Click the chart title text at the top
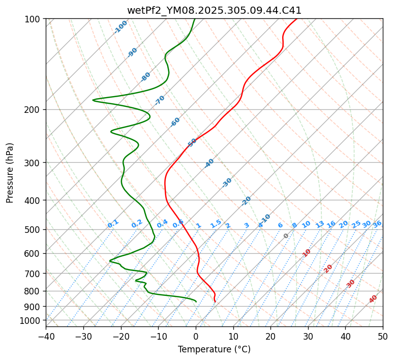point(214,11)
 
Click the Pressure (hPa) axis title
point(10,173)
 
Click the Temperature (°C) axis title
point(214,350)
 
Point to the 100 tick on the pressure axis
point(34,19)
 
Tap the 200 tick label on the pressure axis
point(34,110)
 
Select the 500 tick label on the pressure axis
point(34,230)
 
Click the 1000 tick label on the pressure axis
point(32,321)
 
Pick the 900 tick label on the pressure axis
point(34,307)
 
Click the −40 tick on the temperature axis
point(46,336)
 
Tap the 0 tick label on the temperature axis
point(196,336)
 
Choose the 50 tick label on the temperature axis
point(383,336)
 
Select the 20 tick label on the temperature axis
point(270,336)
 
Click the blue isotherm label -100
point(121,27)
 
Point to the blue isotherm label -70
point(160,100)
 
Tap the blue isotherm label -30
point(227,183)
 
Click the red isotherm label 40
point(373,299)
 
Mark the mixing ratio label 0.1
point(113,224)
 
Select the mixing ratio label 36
point(377,224)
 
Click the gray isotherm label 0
point(286,236)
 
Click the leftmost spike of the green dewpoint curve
point(93,100)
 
